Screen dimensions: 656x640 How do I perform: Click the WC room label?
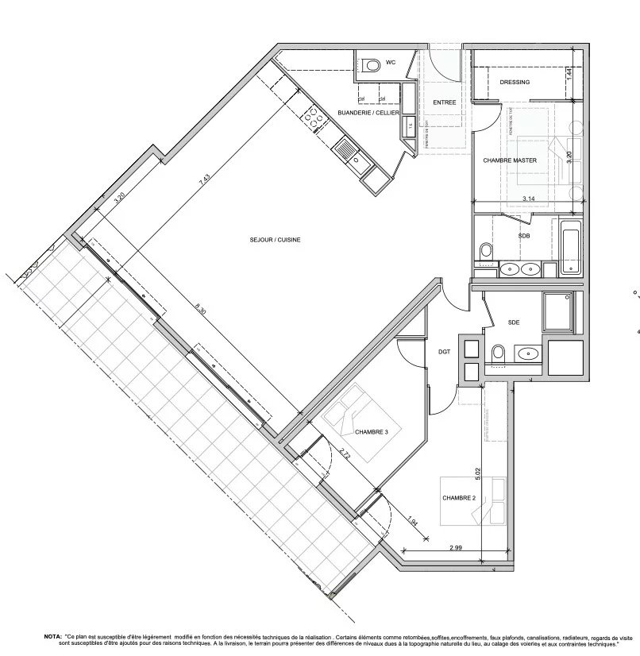pos(391,62)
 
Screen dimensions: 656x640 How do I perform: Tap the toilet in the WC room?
pos(372,65)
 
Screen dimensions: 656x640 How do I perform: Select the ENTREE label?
pos(444,102)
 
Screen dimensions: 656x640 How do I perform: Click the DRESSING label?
pos(515,83)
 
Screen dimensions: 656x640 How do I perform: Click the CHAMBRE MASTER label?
pos(510,160)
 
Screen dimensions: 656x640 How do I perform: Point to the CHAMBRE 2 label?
pos(458,498)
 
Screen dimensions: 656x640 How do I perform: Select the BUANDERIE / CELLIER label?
pos(368,114)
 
